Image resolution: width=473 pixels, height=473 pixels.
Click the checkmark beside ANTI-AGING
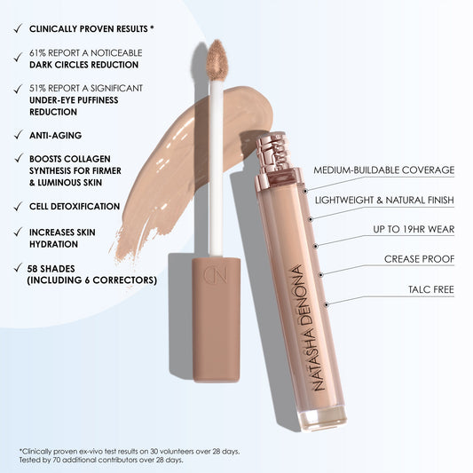coord(19,135)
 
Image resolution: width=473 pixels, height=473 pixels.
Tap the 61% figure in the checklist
coord(37,52)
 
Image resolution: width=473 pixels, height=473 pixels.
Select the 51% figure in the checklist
coord(37,88)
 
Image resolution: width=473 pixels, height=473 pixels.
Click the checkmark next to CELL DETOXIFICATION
coord(19,207)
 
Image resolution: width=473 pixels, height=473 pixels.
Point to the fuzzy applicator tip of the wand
coord(217,60)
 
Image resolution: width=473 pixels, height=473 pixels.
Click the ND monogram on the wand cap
coord(216,274)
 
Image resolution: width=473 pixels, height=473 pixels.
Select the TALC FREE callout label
coord(431,289)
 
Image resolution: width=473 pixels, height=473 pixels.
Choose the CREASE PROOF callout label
coord(419,259)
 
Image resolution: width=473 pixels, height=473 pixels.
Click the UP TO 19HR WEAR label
coord(414,229)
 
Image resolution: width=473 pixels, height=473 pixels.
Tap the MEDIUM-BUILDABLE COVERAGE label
coord(383,169)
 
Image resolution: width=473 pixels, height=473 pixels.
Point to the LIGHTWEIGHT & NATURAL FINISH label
coord(384,200)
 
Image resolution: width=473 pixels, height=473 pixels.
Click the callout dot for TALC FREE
coord(326,305)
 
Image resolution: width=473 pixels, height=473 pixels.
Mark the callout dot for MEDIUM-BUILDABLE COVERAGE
coord(305,191)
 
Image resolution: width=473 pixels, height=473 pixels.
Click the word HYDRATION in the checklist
coord(53,244)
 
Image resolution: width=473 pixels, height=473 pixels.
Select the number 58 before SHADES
coord(32,269)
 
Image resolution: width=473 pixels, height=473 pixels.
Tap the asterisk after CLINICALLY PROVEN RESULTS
coord(152,28)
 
